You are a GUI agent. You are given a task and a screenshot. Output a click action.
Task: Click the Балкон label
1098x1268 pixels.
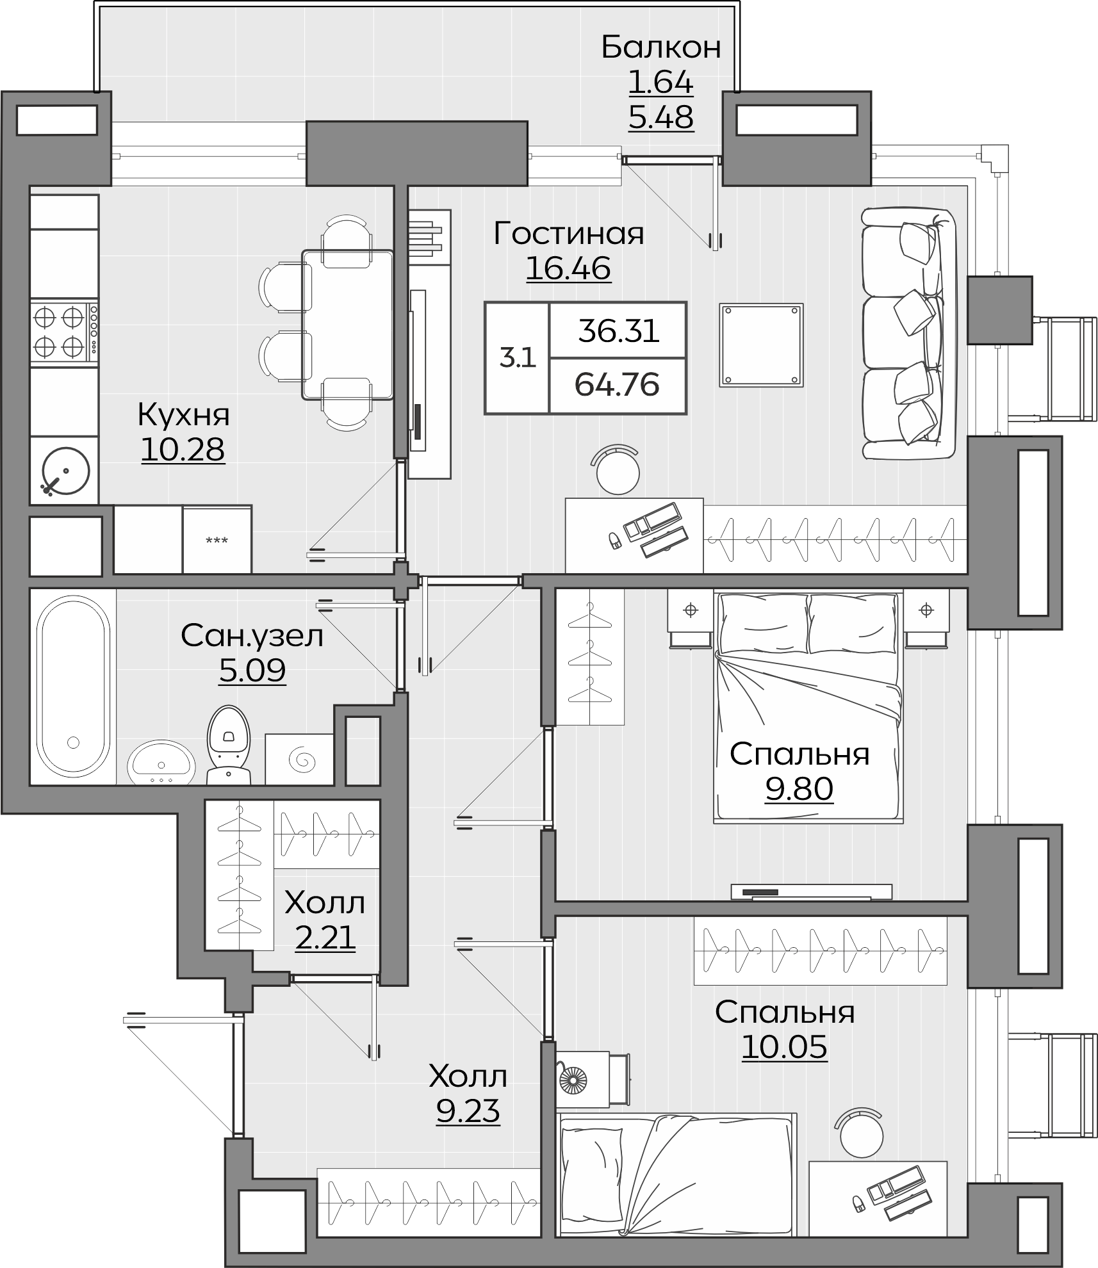[x=661, y=47]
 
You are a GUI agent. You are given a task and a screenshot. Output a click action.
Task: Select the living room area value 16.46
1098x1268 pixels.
[x=568, y=268]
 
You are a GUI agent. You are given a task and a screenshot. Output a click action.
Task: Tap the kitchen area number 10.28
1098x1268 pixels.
[x=183, y=450]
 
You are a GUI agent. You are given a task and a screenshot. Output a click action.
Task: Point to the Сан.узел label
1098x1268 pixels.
[x=252, y=636]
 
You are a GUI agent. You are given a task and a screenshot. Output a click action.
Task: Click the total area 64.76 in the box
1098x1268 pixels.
[x=617, y=385]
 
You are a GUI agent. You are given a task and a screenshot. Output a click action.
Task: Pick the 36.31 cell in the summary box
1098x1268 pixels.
[x=618, y=332]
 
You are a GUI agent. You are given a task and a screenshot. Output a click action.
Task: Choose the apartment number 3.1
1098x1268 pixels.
[x=518, y=358]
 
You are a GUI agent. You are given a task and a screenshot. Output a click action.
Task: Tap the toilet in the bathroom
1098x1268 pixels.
[x=229, y=745]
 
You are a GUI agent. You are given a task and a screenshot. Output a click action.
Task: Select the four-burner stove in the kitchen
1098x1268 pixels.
[x=64, y=332]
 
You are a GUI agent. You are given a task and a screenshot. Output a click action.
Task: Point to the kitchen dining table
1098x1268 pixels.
[x=348, y=325]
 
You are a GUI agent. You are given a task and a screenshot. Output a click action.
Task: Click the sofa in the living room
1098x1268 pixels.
[x=908, y=333]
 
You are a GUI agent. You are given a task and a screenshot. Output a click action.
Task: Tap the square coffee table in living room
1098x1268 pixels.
[x=761, y=345]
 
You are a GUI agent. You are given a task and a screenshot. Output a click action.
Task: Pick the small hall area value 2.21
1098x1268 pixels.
[x=325, y=938]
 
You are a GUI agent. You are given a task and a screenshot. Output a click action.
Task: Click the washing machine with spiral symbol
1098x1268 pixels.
[x=300, y=760]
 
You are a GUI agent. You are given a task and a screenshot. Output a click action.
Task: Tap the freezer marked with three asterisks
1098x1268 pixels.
[x=217, y=539]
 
